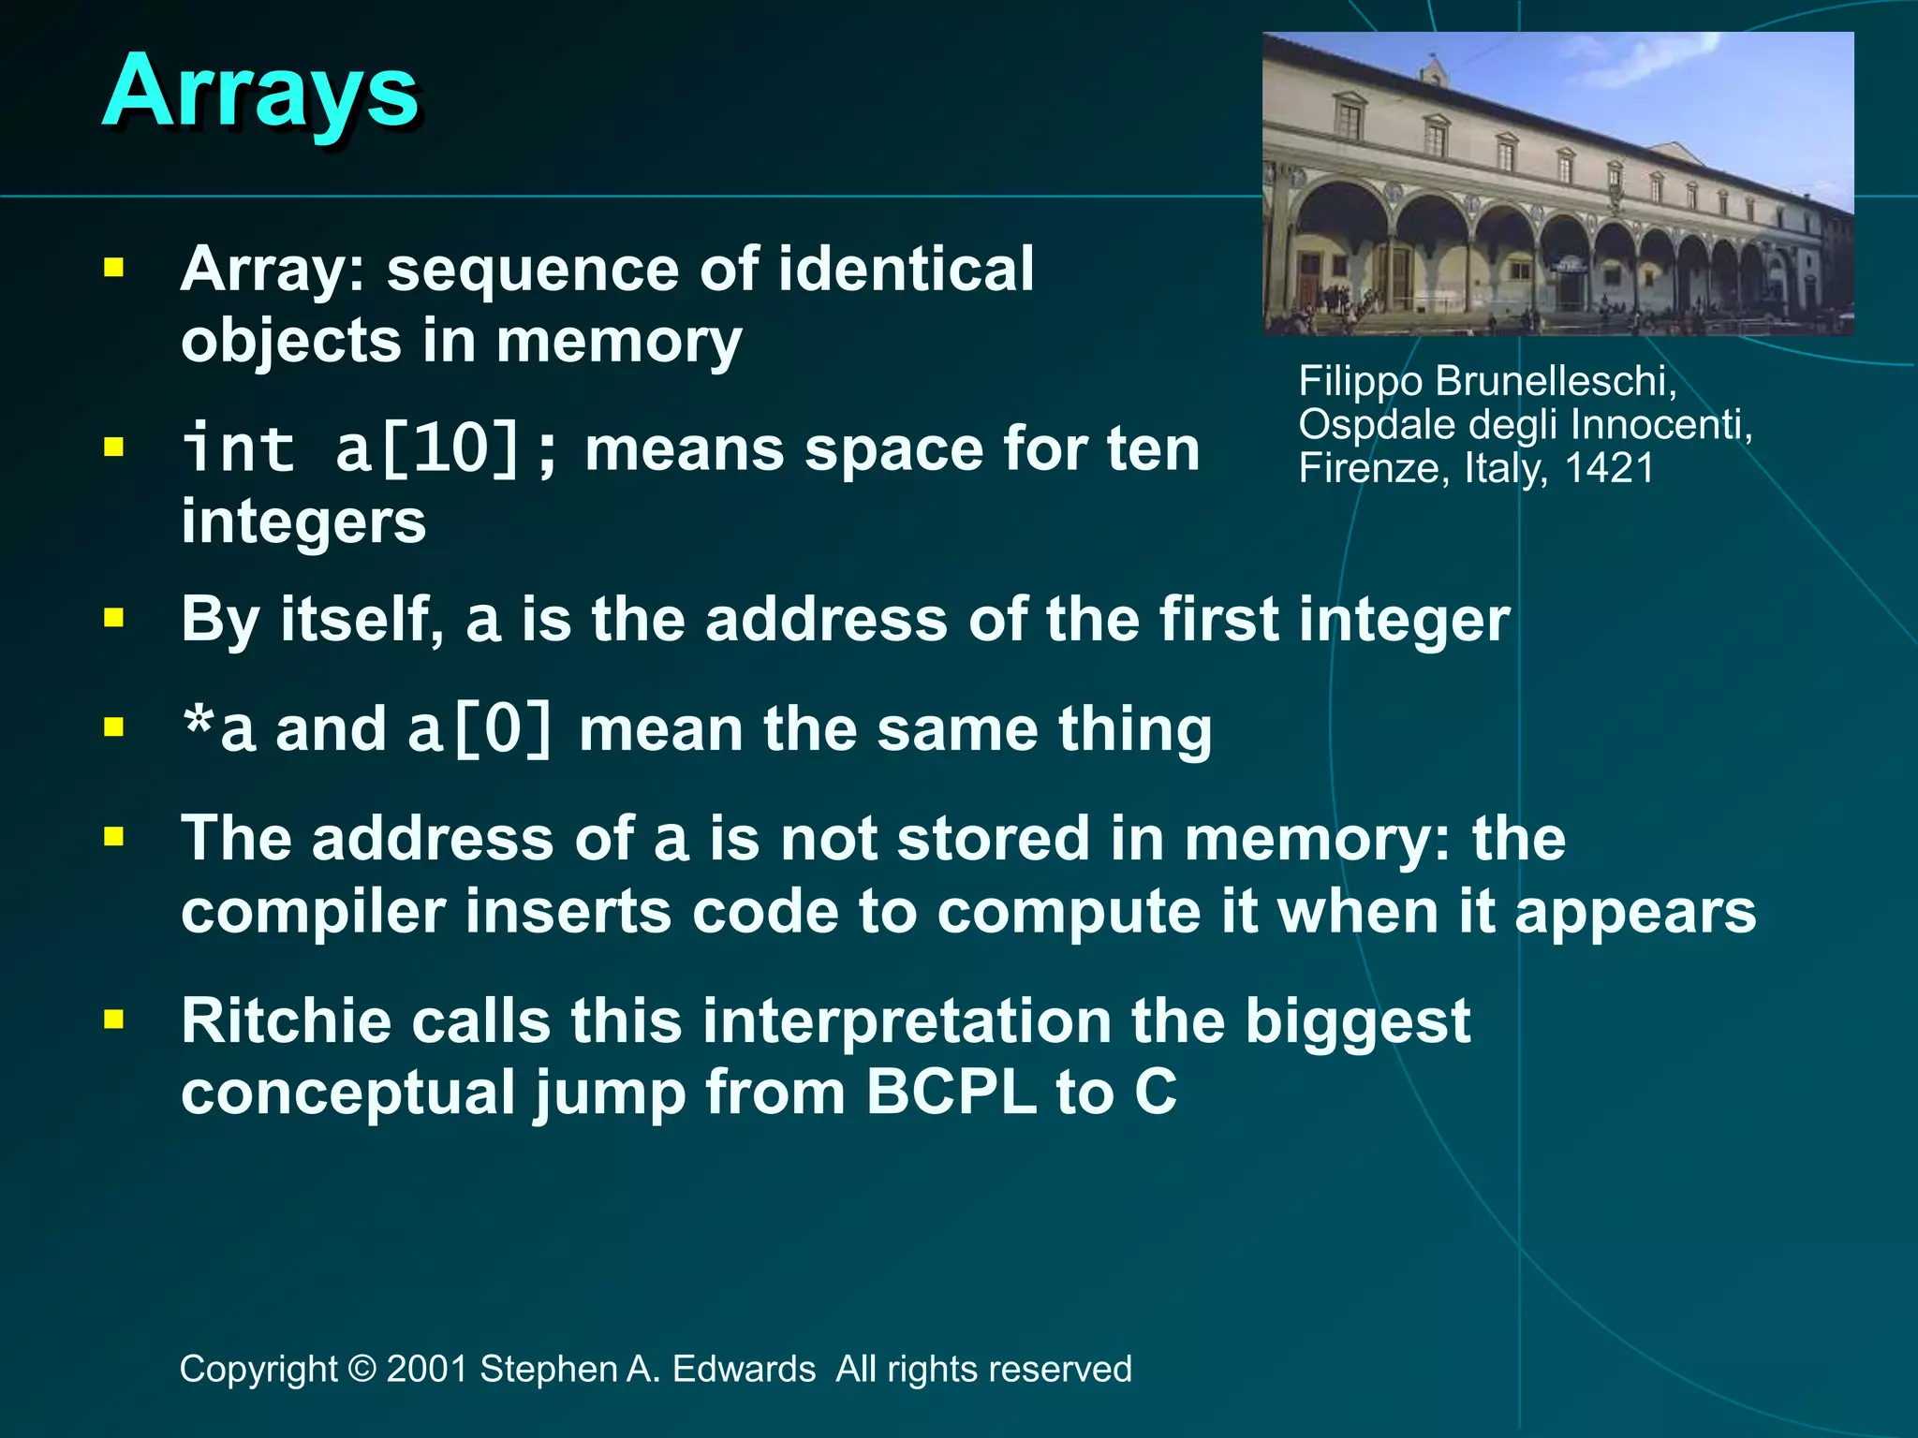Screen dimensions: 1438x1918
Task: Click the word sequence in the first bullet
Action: [x=532, y=270]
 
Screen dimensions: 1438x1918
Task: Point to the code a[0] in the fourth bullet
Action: [x=480, y=730]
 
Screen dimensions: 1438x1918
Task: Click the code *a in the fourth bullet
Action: [x=219, y=730]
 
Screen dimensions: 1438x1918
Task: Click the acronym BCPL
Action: [x=949, y=1092]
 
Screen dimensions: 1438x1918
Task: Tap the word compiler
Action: [x=313, y=912]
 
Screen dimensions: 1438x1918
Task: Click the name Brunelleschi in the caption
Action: [x=1555, y=381]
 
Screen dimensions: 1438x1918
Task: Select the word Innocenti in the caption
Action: [x=1660, y=424]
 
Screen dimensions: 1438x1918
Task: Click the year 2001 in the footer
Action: [x=427, y=1369]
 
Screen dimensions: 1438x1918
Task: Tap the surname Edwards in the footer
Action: [x=744, y=1369]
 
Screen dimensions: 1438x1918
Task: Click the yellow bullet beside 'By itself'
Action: [x=114, y=618]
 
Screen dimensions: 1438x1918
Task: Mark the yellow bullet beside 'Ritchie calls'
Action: [x=114, y=1019]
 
